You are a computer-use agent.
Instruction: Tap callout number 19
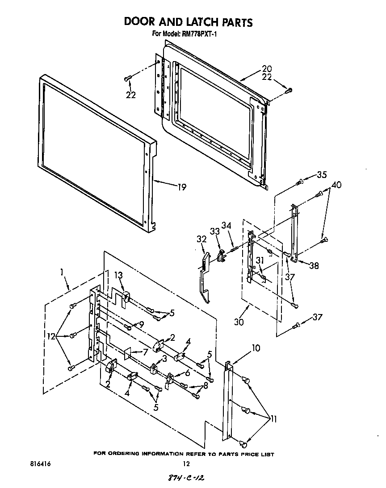(x=181, y=187)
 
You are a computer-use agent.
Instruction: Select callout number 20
(x=267, y=69)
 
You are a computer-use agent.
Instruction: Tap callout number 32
(x=201, y=240)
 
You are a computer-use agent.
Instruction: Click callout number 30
(x=239, y=322)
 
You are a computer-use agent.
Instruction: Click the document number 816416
(x=40, y=464)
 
